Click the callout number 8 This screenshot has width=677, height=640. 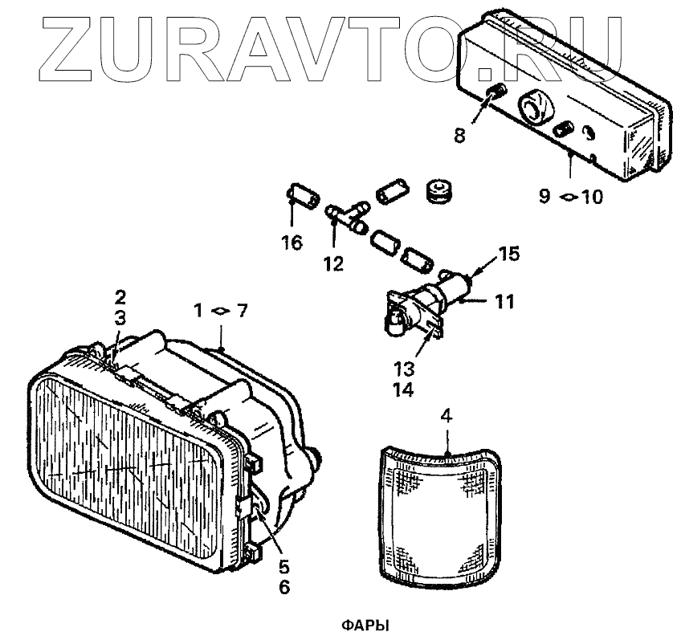point(459,135)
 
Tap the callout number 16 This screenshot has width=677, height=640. point(292,242)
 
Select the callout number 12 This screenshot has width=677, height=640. point(333,263)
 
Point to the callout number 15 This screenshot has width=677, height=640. point(508,255)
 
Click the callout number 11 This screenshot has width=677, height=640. point(504,302)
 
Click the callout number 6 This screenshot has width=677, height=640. point(284,587)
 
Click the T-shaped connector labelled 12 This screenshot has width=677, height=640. point(347,214)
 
